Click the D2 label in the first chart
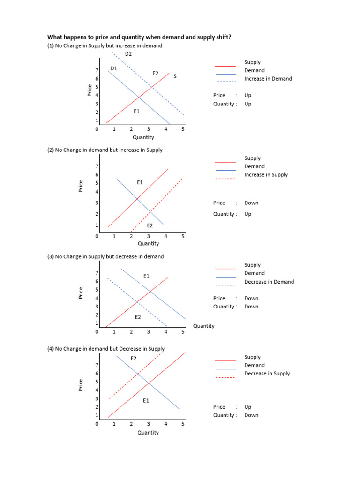tap(128, 54)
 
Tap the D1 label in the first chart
tap(113, 68)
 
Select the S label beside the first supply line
tap(175, 76)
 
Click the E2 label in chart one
tap(156, 73)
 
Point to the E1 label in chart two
tap(140, 182)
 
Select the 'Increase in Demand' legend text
tap(268, 79)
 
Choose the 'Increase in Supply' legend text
tap(266, 175)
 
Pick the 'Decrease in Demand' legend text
tap(269, 282)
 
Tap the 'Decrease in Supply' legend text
tap(267, 374)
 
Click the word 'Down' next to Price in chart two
tap(251, 203)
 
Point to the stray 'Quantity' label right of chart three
tap(203, 326)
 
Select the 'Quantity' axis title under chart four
tap(148, 433)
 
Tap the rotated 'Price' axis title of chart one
tap(90, 90)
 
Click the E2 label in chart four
tap(134, 359)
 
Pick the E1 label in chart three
tap(147, 276)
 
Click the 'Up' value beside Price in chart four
tap(248, 407)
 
